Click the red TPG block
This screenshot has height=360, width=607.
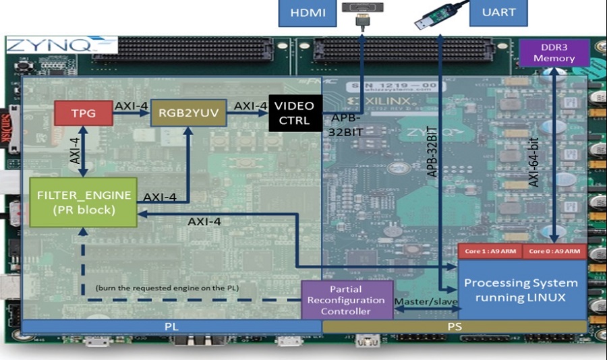pos(84,113)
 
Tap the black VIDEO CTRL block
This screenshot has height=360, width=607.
pos(295,113)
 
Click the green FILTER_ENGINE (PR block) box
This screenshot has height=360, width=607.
pos(84,202)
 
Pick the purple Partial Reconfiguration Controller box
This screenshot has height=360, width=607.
pos(346,299)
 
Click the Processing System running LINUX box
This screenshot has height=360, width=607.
pos(521,289)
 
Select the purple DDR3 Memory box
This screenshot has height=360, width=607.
pos(554,53)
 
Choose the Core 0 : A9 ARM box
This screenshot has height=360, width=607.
pos(553,251)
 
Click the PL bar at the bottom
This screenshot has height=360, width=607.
pos(171,326)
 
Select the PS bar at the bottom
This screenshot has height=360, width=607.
pos(454,326)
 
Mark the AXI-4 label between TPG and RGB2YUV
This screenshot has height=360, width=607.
pos(132,106)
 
